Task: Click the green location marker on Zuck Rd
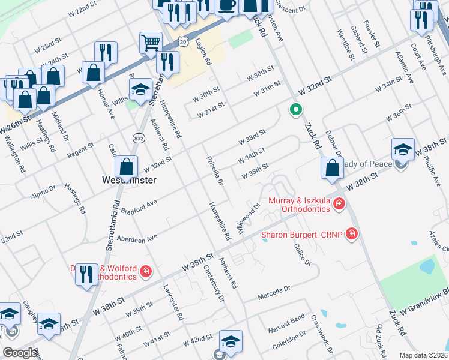click(x=295, y=110)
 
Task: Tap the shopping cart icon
click(x=150, y=42)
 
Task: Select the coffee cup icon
click(x=226, y=5)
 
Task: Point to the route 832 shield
click(x=137, y=138)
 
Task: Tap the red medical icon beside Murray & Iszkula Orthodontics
click(x=339, y=204)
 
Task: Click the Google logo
click(x=20, y=353)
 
